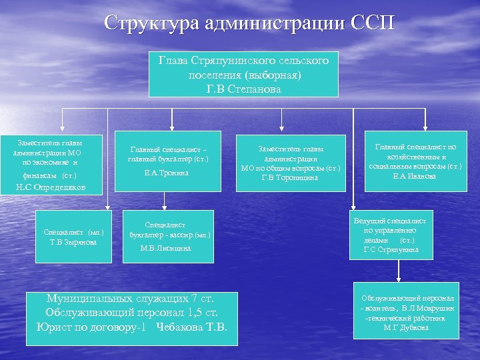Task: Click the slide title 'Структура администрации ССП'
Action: pos(249,23)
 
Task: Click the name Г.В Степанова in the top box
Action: pos(244,88)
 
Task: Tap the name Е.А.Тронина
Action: pos(167,173)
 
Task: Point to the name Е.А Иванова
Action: pos(415,176)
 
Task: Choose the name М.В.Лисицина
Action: pos(167,248)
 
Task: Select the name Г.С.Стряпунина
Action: pos(391,249)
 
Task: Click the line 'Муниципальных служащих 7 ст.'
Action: pos(131,298)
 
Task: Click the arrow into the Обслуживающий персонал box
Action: pos(398,278)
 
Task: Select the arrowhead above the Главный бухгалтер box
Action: pos(173,125)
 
